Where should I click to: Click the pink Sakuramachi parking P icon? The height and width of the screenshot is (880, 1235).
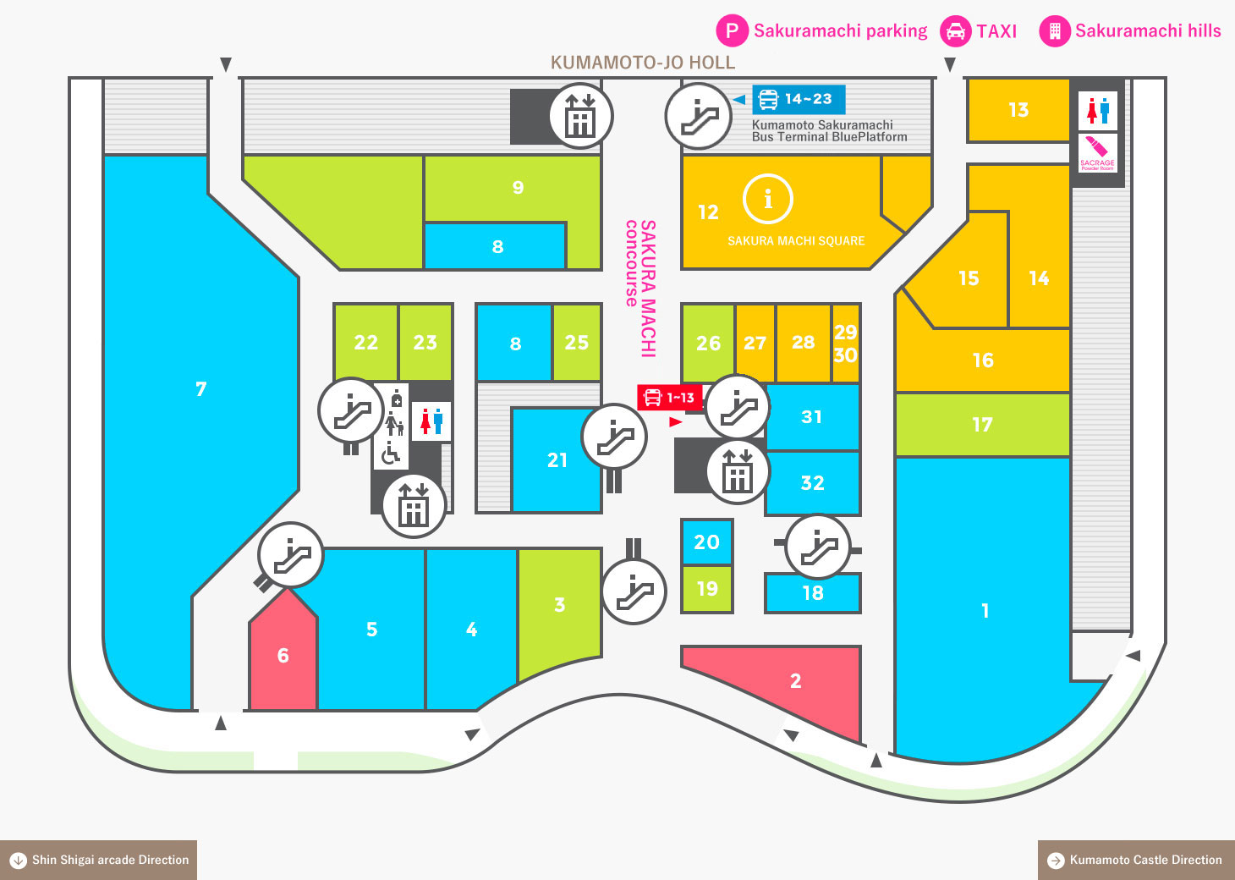coord(733,31)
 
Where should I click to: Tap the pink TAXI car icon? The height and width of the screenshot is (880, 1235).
coord(956,31)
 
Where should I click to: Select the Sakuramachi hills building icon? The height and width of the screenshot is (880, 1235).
coord(1055,31)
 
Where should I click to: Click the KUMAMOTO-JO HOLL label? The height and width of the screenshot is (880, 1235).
coord(643,63)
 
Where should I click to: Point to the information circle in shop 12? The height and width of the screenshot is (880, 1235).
coord(767,199)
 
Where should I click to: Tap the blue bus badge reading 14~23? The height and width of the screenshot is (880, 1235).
coord(799,99)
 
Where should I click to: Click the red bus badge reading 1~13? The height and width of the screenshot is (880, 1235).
coord(669,397)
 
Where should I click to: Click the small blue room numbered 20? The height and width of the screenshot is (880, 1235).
coord(706,542)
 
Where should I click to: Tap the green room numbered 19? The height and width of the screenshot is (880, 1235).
coord(706,588)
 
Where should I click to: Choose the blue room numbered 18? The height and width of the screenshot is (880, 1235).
coord(812,593)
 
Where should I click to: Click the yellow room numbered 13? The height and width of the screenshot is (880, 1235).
coord(1018,110)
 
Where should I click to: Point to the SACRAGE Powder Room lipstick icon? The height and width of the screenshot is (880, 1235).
coord(1097,152)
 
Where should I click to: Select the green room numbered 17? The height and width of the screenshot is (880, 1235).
coord(982,424)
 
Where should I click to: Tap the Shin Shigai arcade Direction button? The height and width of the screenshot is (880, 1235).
coord(99,860)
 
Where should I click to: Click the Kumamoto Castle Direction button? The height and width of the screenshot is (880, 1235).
coord(1136,860)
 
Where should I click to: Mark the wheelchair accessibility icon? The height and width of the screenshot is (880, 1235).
coord(391,454)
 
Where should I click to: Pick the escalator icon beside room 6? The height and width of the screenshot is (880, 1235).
coord(290,555)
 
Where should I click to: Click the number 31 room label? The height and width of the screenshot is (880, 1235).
coord(811,416)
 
